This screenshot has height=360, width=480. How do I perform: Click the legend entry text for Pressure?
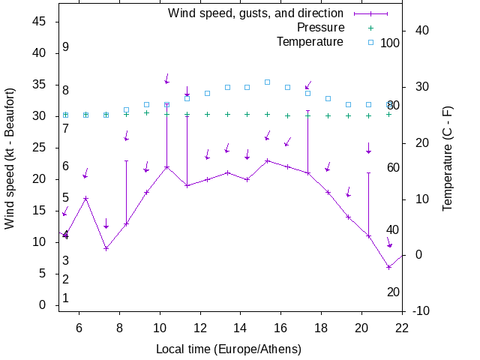320,28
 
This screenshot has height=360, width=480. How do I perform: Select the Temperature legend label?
310,42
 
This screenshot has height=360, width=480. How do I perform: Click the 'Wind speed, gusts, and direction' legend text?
255,13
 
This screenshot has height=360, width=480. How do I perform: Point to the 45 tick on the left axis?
40,22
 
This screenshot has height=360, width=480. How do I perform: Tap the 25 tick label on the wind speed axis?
40,148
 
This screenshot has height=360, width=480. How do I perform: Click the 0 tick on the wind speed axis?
43,305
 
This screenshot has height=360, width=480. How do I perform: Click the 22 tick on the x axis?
402,327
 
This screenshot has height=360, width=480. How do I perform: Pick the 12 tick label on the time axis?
200,327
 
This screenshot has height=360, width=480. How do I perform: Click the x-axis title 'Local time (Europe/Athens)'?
229,349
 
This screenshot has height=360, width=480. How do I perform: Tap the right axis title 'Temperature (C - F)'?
448,158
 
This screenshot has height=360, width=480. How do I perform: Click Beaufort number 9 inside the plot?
66,47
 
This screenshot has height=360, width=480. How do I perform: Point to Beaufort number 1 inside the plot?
66,298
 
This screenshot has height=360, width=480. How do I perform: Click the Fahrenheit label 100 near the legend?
390,43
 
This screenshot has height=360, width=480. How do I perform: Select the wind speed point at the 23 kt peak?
267,160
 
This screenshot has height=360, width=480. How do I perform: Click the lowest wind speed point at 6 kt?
388,267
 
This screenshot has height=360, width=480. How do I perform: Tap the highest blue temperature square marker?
267,82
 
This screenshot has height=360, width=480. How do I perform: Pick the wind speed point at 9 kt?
106,248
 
